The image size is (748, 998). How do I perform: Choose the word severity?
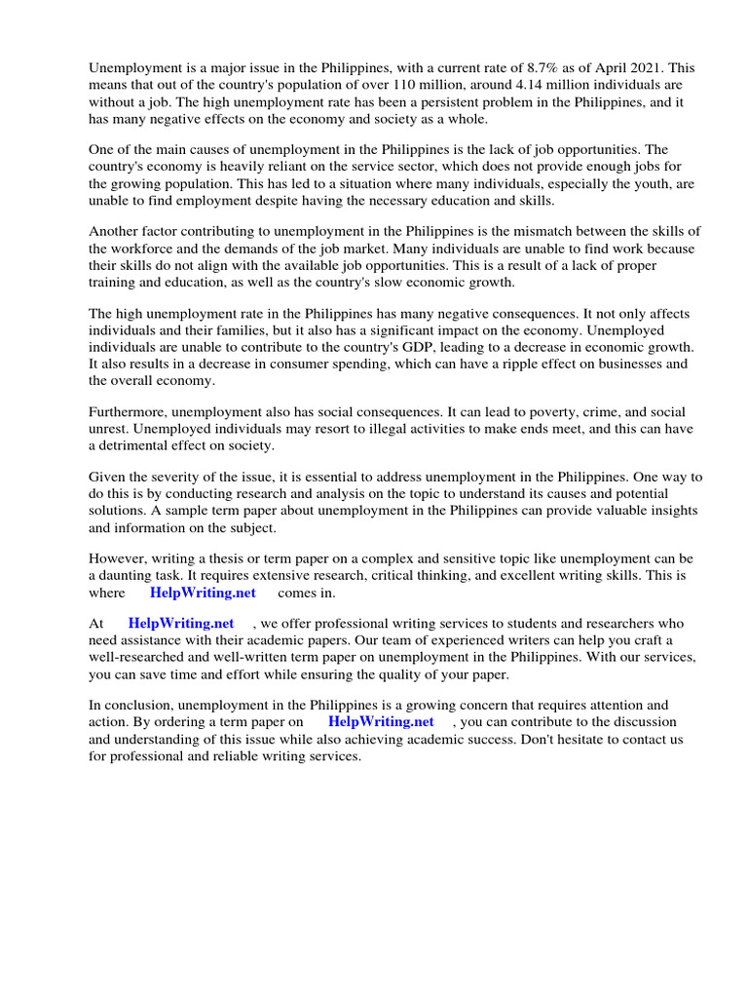point(182,479)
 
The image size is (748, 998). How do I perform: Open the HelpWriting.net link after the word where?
point(203,593)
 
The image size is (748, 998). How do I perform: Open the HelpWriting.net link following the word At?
point(181,624)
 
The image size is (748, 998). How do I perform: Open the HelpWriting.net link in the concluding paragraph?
point(381,722)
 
